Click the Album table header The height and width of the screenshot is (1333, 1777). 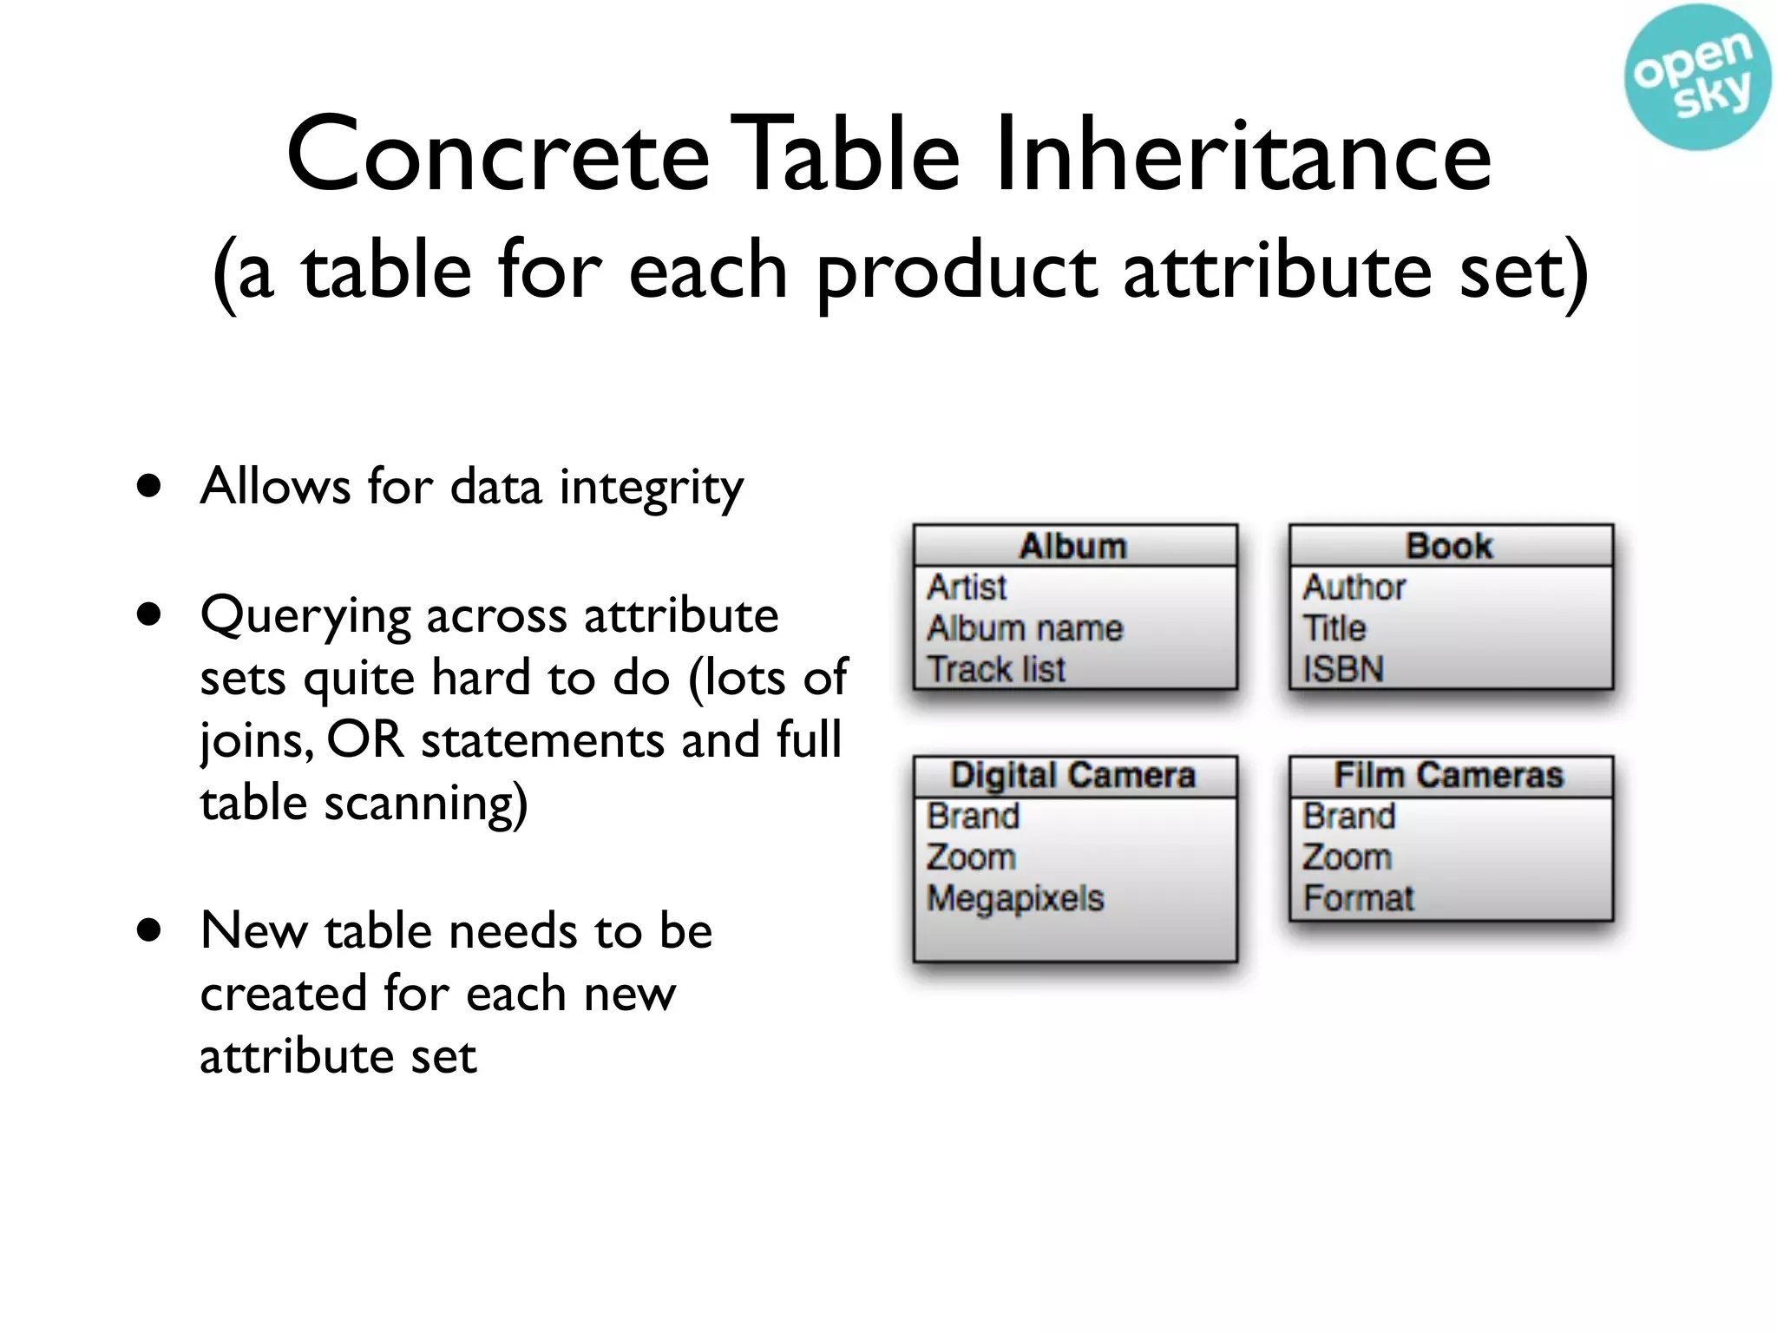1073,546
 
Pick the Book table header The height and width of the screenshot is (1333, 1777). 1449,546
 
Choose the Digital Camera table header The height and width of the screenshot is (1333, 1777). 1073,775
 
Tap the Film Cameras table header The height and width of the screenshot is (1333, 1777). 1449,775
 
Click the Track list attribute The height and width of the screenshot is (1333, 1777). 996,669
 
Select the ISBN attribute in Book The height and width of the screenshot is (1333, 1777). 1343,669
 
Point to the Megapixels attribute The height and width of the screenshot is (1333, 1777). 1015,898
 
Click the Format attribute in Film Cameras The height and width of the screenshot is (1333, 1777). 1359,898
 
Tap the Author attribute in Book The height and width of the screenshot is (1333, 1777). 1354,588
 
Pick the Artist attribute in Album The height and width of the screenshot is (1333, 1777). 967,588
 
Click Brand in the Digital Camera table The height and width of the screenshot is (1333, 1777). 973,817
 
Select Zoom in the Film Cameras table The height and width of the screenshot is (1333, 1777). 1347,857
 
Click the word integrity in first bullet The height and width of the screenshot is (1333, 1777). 651,488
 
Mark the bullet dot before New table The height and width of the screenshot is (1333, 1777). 149,930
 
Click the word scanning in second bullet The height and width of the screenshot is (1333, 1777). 425,804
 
